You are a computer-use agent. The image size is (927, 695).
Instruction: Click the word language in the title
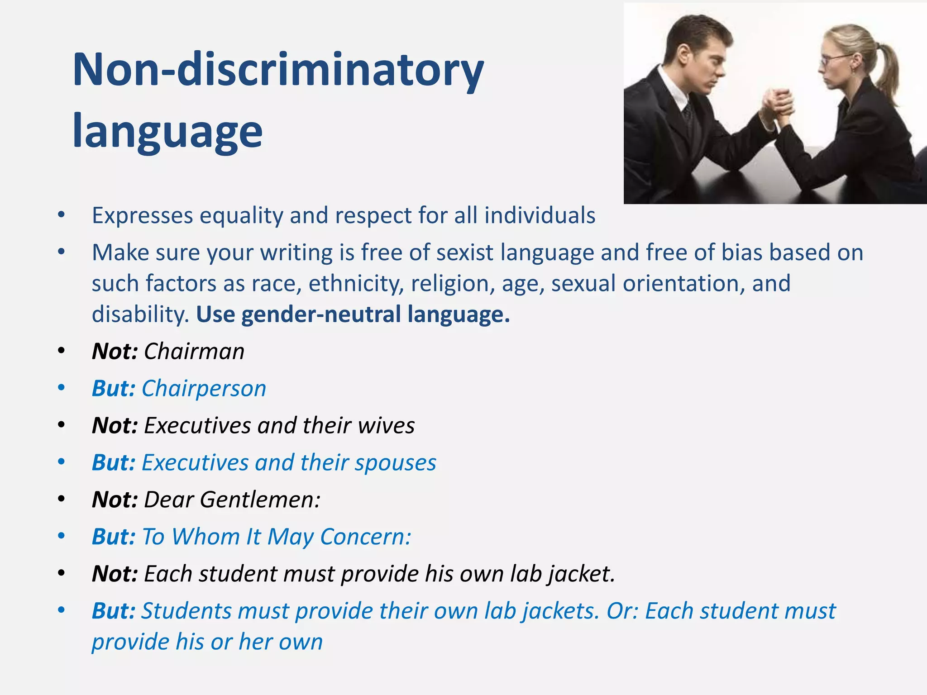(167, 132)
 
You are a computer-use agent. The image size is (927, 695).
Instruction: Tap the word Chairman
(194, 352)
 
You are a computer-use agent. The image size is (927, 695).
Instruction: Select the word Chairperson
(204, 389)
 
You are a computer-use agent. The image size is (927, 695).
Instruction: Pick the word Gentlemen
(260, 500)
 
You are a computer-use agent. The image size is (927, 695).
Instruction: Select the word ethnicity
(356, 284)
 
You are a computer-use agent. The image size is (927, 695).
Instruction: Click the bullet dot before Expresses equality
(62, 215)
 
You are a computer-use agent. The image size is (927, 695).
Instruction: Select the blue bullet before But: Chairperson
(62, 388)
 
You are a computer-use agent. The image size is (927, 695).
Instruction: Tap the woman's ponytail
(887, 68)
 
